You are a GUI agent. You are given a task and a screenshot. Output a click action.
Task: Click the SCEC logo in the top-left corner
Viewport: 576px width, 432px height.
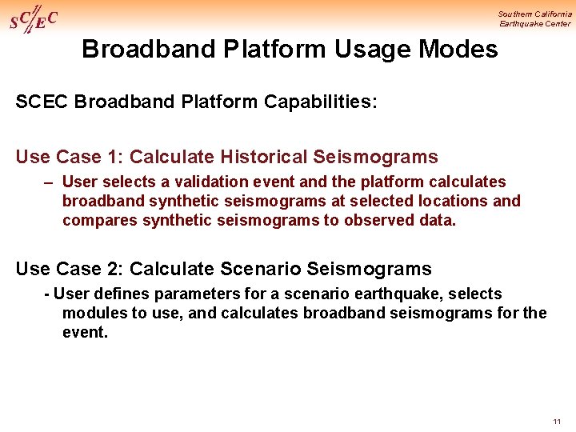34,19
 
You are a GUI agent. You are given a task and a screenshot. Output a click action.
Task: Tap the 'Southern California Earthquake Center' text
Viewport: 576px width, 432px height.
534,18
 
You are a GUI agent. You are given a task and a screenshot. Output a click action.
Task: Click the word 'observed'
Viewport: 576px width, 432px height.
380,220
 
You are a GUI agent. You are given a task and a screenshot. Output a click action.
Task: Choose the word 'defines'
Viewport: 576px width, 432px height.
114,294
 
